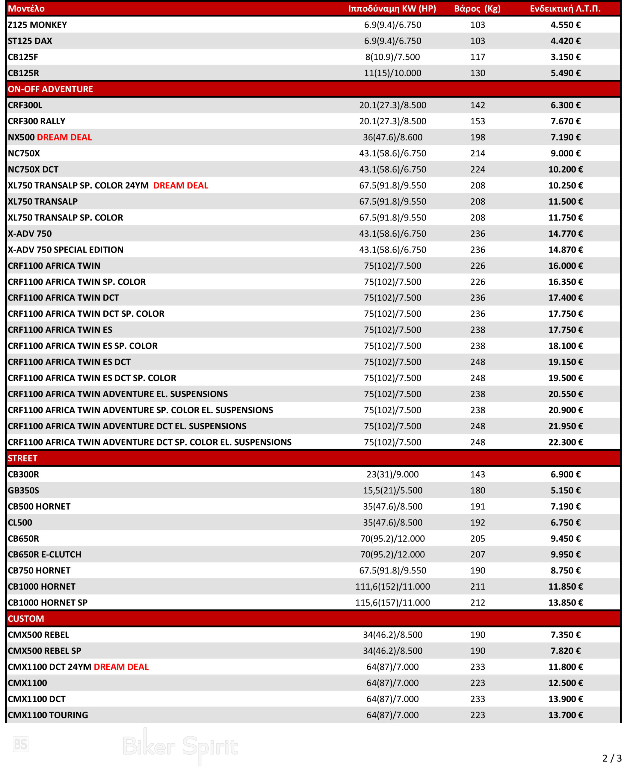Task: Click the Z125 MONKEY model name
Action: point(37,25)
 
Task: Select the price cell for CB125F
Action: point(565,57)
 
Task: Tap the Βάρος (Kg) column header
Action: point(477,9)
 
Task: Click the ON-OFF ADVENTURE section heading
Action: point(50,89)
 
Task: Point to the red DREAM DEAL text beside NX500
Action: point(64,137)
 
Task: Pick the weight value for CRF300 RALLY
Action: point(477,121)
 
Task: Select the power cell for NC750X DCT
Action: point(392,169)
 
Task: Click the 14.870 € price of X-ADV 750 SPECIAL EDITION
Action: point(565,250)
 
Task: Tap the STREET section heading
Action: point(22,458)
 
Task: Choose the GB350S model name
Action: point(23,490)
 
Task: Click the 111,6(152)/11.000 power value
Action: point(392,586)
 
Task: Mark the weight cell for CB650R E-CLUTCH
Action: point(477,554)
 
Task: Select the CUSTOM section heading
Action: point(26,619)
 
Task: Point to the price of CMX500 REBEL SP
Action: point(565,651)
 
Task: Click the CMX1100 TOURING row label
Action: point(48,715)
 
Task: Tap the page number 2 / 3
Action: point(611,758)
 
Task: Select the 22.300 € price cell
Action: point(565,442)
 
